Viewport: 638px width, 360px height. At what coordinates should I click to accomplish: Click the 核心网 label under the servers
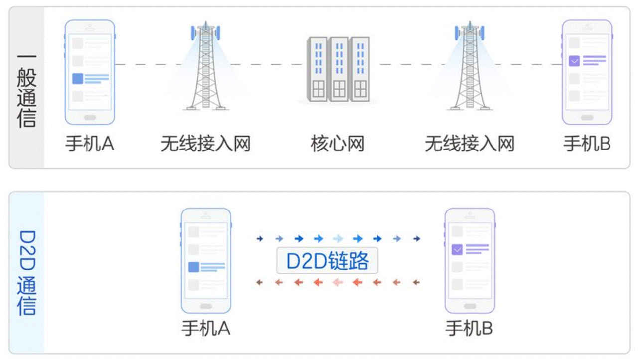click(x=337, y=144)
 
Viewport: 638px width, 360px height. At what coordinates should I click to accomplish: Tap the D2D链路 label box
click(x=327, y=261)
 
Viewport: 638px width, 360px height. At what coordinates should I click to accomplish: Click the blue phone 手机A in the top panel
click(x=90, y=72)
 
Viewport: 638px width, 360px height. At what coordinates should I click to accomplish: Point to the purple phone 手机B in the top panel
click(x=587, y=72)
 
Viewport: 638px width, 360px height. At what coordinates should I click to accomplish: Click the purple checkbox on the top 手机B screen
click(x=574, y=61)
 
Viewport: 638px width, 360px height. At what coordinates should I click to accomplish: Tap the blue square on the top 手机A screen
click(x=77, y=79)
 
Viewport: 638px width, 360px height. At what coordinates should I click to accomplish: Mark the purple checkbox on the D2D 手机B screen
click(x=457, y=249)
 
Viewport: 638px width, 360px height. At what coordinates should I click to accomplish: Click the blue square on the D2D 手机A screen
click(x=193, y=267)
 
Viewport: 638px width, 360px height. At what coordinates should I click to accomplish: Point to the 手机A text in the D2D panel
click(x=205, y=329)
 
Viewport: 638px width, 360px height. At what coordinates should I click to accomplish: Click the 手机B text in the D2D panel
click(x=469, y=329)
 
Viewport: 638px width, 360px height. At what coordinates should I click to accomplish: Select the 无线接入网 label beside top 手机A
click(x=205, y=144)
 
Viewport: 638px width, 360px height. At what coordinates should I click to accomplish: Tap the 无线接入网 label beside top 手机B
click(x=469, y=144)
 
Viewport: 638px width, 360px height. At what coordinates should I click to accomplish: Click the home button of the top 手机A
click(x=90, y=118)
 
